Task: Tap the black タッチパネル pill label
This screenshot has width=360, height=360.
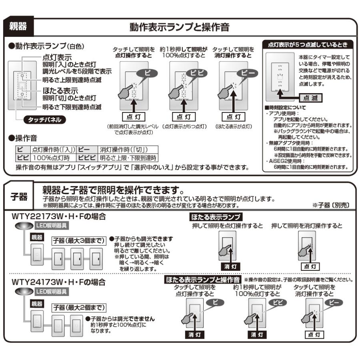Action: point(45,120)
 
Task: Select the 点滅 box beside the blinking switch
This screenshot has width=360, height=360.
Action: point(311,98)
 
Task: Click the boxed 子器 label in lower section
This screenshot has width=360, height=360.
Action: point(20,196)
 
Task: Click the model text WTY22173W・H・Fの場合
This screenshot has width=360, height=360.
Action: point(59,217)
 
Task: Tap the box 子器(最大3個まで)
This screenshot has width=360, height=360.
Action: point(78,241)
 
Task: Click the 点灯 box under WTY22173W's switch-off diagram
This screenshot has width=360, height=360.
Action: point(309,266)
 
